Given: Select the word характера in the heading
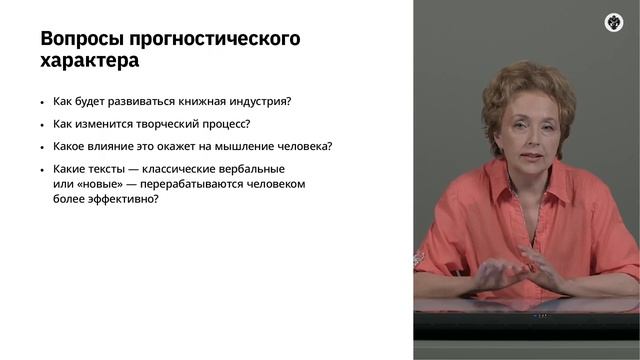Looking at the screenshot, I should point(89,61).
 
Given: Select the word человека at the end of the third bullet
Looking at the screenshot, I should point(305,146).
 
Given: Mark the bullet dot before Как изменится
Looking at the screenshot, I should point(42,126).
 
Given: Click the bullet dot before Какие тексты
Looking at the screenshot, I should point(42,169).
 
